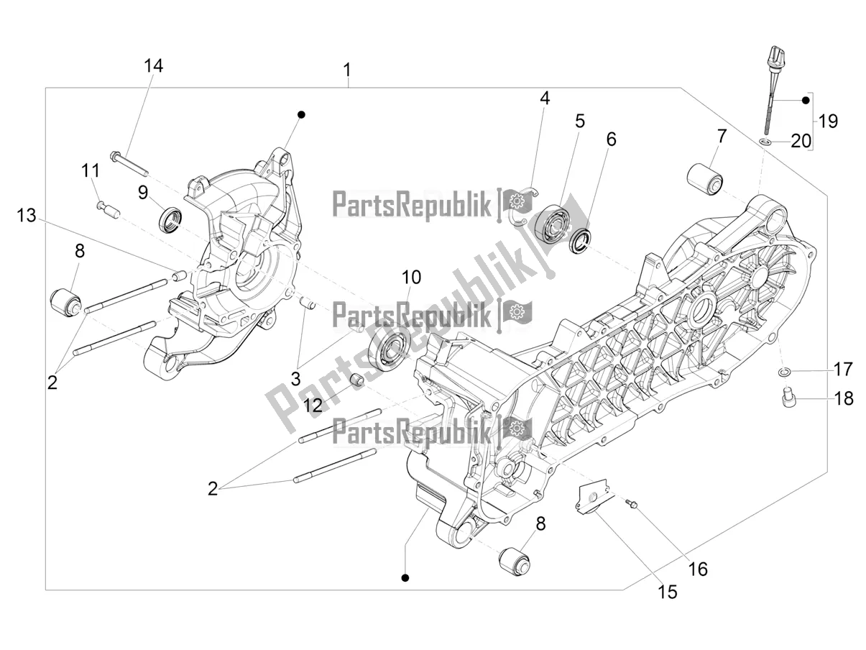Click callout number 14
point(153,65)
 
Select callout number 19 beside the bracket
point(828,121)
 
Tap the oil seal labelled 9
point(171,219)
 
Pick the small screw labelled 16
point(630,503)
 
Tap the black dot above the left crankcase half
point(303,115)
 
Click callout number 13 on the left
point(26,215)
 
